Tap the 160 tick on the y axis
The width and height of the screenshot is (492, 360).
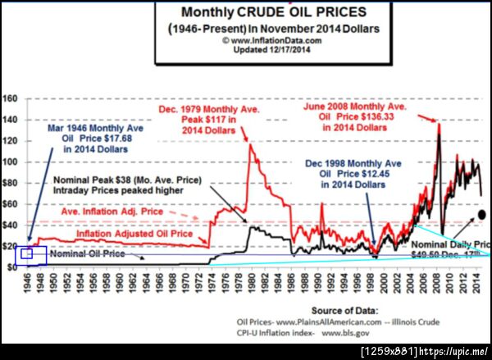[x=10, y=98]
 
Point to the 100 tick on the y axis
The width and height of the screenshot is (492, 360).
[x=10, y=162]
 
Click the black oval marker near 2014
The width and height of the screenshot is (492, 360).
[x=481, y=215]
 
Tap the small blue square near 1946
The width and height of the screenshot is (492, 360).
[x=26, y=254]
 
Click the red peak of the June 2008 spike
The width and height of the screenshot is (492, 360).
[x=439, y=124]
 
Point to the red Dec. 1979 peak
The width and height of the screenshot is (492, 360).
[x=248, y=145]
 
